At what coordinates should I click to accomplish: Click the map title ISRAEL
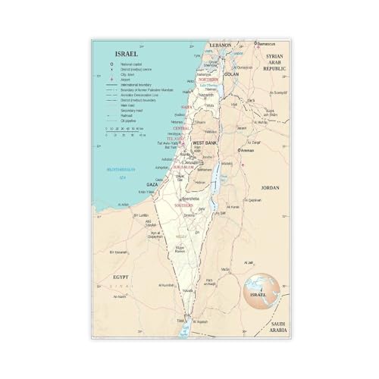(126, 54)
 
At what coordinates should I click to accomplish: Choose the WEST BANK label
(205, 143)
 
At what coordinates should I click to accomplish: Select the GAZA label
(152, 183)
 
